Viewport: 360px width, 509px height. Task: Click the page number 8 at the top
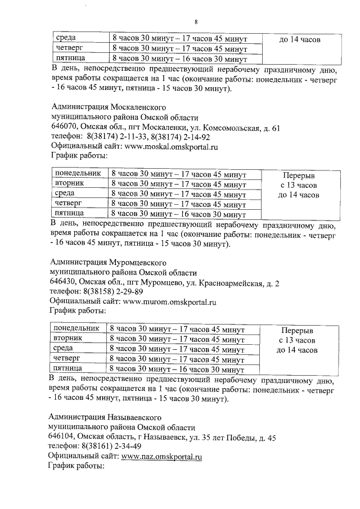click(x=196, y=21)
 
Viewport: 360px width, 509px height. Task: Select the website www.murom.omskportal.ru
click(x=170, y=301)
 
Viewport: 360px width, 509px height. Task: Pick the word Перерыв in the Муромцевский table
click(x=299, y=331)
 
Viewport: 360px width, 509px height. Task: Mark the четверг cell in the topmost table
click(x=68, y=48)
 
